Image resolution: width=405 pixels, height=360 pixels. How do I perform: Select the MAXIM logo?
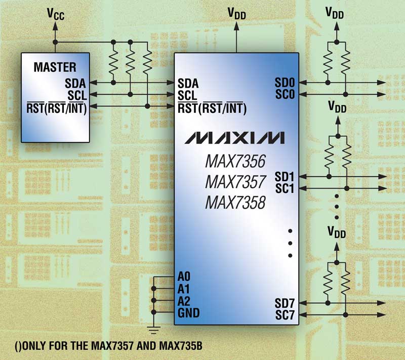pyautogui.click(x=234, y=138)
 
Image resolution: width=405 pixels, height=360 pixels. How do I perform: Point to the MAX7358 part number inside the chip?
pyautogui.click(x=235, y=203)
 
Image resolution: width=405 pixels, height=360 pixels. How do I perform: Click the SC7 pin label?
pyautogui.click(x=285, y=314)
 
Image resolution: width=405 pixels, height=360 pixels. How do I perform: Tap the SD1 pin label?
pyautogui.click(x=285, y=177)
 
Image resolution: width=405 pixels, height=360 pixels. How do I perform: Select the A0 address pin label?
pyautogui.click(x=185, y=277)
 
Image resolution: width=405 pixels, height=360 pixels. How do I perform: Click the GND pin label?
pyautogui.click(x=188, y=313)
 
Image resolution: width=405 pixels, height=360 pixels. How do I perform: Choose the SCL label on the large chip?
pyautogui.click(x=188, y=94)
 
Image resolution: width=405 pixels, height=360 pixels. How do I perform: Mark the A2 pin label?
pyautogui.click(x=185, y=301)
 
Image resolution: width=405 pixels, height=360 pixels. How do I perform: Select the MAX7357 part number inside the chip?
pyautogui.click(x=235, y=183)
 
